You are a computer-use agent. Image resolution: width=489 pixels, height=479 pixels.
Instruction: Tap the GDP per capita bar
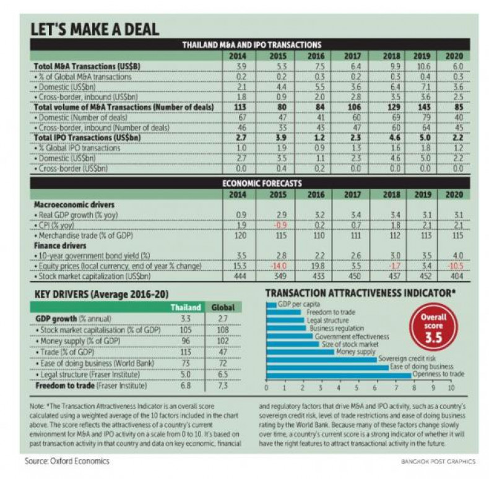coord(271,304)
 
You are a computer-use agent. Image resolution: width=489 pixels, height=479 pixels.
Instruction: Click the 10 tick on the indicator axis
coord(451,389)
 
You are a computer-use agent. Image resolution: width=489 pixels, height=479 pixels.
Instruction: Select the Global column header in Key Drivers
coord(223,307)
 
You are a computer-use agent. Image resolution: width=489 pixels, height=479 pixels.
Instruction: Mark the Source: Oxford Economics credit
coord(66,461)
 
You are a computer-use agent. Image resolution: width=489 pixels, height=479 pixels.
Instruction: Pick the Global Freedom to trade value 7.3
coord(223,385)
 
